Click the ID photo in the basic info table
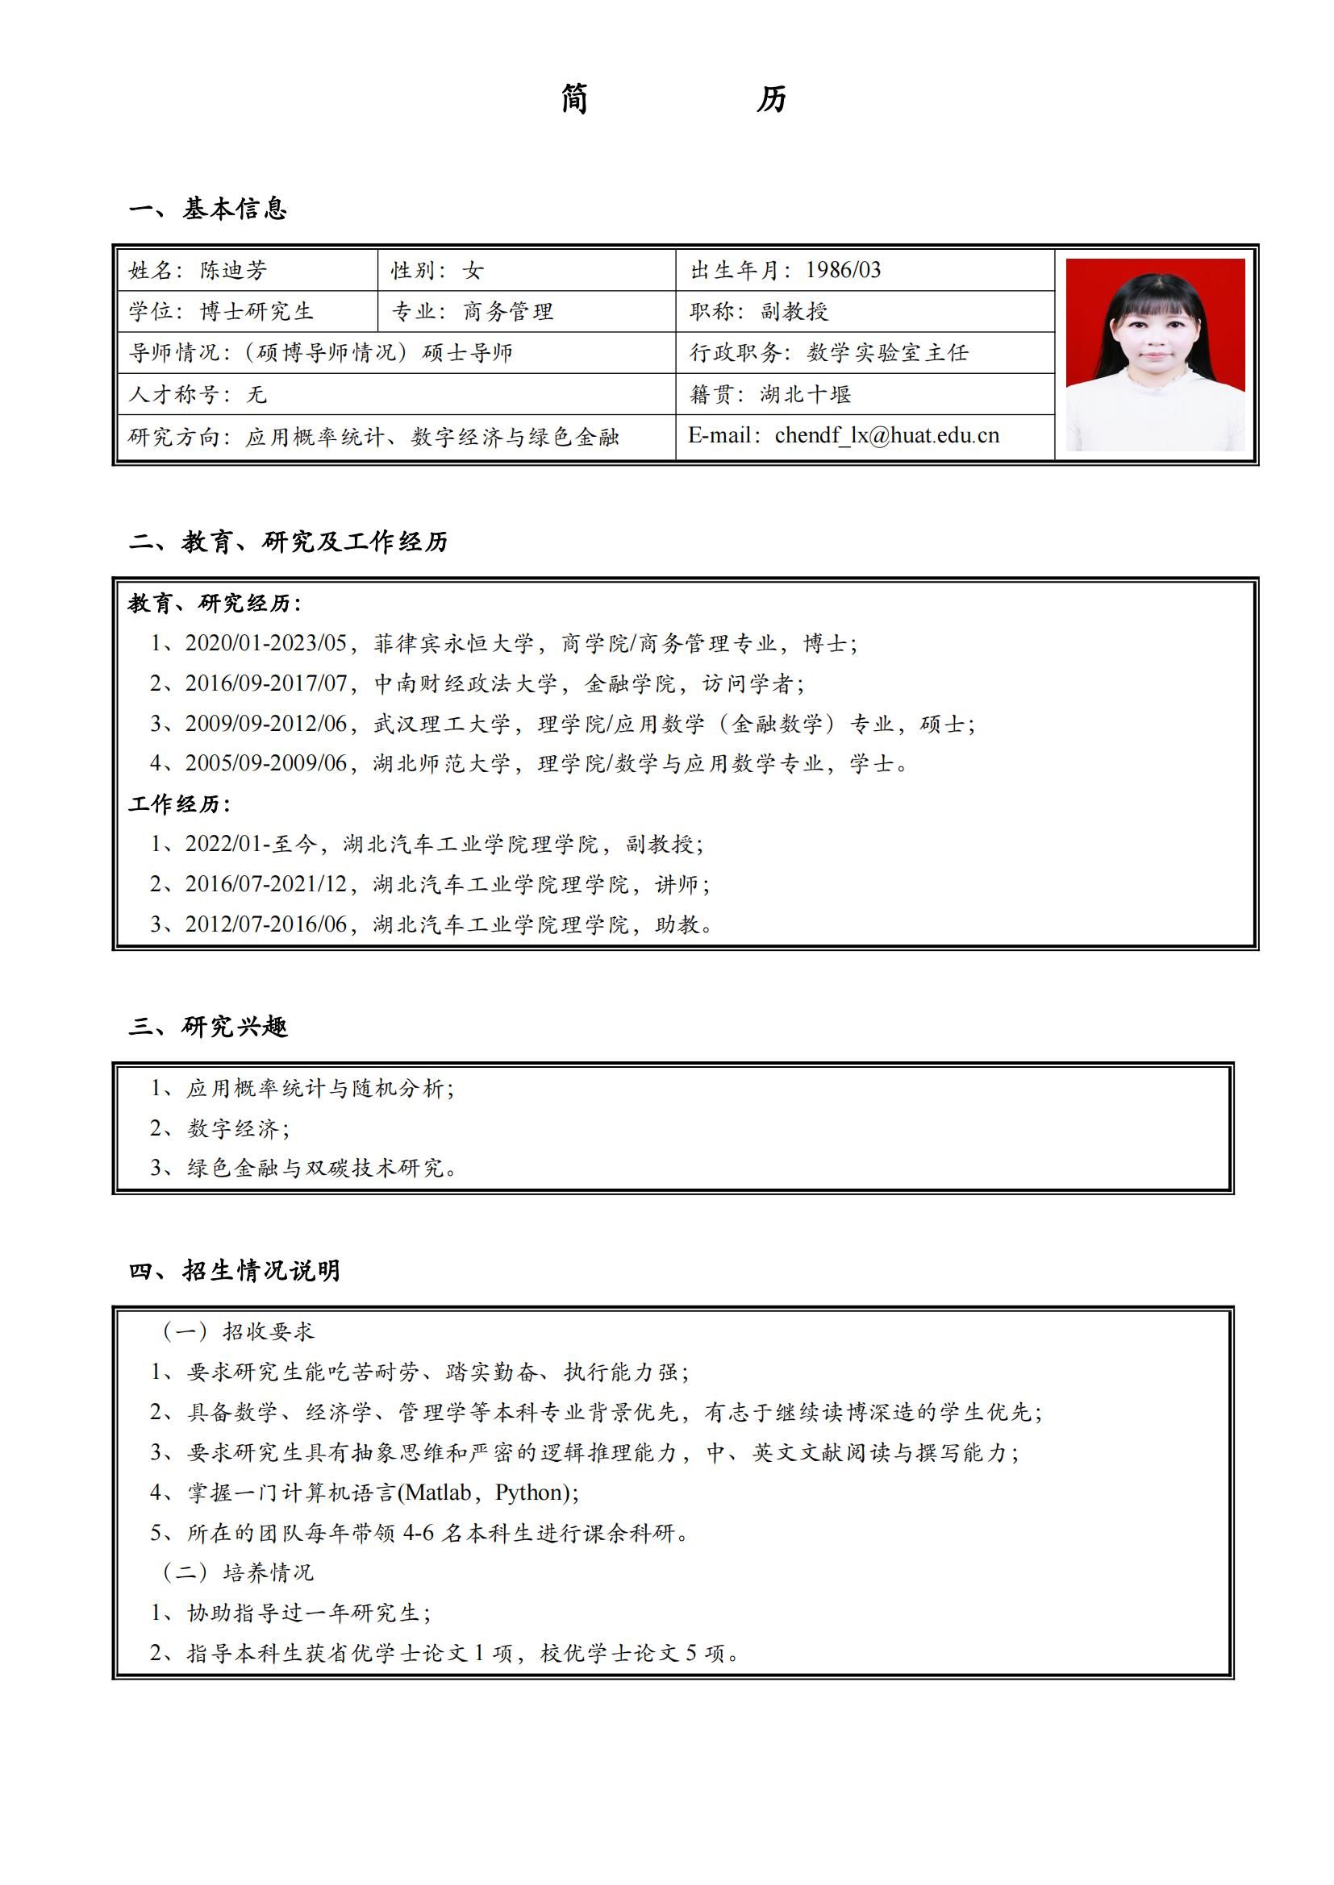(1155, 354)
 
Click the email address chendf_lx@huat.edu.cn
(886, 435)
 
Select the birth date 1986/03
(843, 270)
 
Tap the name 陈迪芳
(233, 270)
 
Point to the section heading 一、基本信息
(208, 209)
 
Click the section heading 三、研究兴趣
(208, 1026)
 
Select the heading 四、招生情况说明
(234, 1271)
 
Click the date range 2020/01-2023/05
(265, 643)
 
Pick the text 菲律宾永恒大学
(453, 643)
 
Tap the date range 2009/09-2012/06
(265, 723)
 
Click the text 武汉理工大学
(442, 723)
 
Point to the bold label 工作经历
(178, 803)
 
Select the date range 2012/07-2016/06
(265, 924)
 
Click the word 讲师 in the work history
(676, 884)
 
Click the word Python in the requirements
(532, 1492)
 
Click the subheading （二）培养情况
(238, 1572)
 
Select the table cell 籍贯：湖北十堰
(769, 395)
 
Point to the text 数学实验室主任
(887, 353)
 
